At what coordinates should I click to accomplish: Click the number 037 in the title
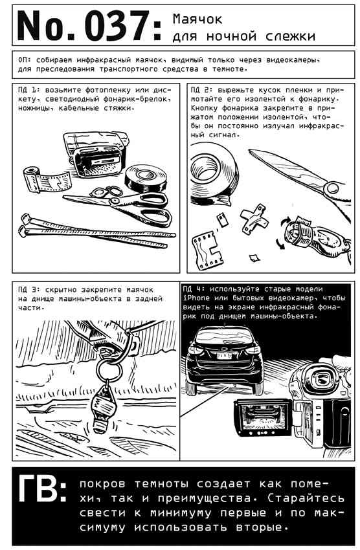coord(117,26)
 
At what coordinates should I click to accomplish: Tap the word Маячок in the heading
coord(197,19)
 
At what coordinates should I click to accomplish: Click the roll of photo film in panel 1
coord(47,180)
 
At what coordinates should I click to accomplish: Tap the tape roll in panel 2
coord(212,175)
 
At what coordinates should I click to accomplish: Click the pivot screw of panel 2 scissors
coord(332,190)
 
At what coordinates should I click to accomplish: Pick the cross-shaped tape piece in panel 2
coord(254,220)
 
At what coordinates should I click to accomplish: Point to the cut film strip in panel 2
coord(207,249)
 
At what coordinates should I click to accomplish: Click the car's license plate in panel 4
coord(223,356)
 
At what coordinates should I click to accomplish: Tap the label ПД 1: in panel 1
coord(30,90)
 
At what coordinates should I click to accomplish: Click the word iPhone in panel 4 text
coord(196,298)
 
